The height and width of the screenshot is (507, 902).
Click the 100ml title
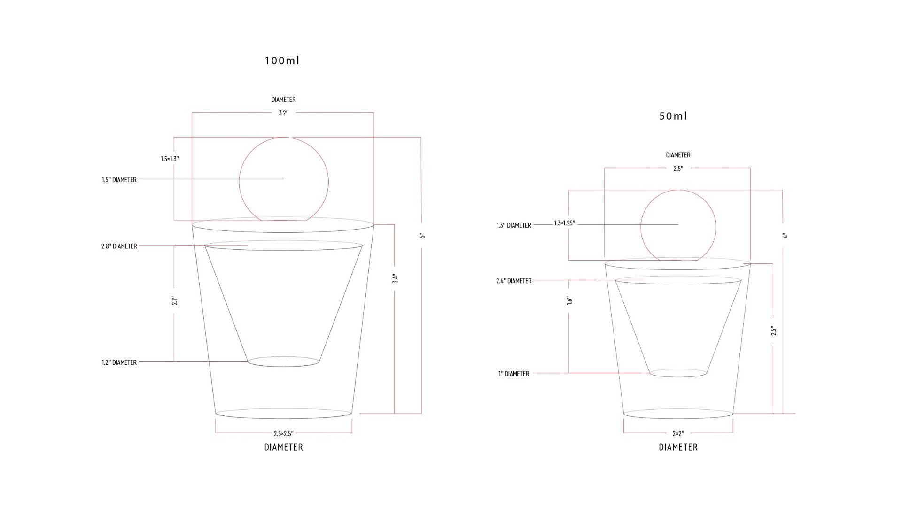[x=282, y=61]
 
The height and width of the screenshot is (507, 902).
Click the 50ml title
[x=673, y=116]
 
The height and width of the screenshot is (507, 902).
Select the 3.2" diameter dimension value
[x=283, y=113]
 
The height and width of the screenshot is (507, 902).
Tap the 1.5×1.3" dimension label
[x=170, y=159]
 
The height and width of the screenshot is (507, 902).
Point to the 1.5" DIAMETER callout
[x=119, y=180]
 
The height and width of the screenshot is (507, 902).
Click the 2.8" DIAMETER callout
[x=119, y=246]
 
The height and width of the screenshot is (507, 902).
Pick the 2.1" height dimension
[x=174, y=300]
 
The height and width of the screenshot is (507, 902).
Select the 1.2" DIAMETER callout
[x=119, y=362]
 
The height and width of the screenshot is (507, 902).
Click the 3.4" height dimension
[x=395, y=278]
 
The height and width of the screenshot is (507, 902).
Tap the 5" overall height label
[x=422, y=236]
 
